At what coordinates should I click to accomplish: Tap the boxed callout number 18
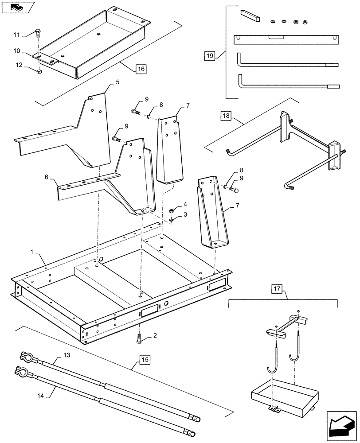coord(227,117)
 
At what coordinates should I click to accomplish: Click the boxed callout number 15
coord(145,359)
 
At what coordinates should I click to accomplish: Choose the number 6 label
coord(47,177)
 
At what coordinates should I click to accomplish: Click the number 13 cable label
coord(67,355)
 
